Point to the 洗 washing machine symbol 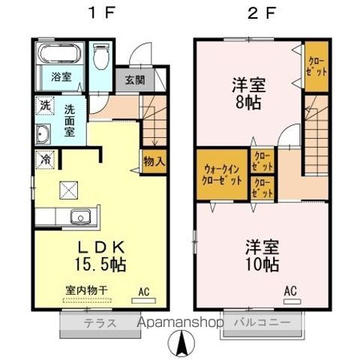(44, 107)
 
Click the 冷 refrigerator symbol (45, 160)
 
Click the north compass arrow (181, 345)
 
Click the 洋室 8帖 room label (243, 94)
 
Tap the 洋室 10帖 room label (262, 256)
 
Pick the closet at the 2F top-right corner (315, 68)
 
